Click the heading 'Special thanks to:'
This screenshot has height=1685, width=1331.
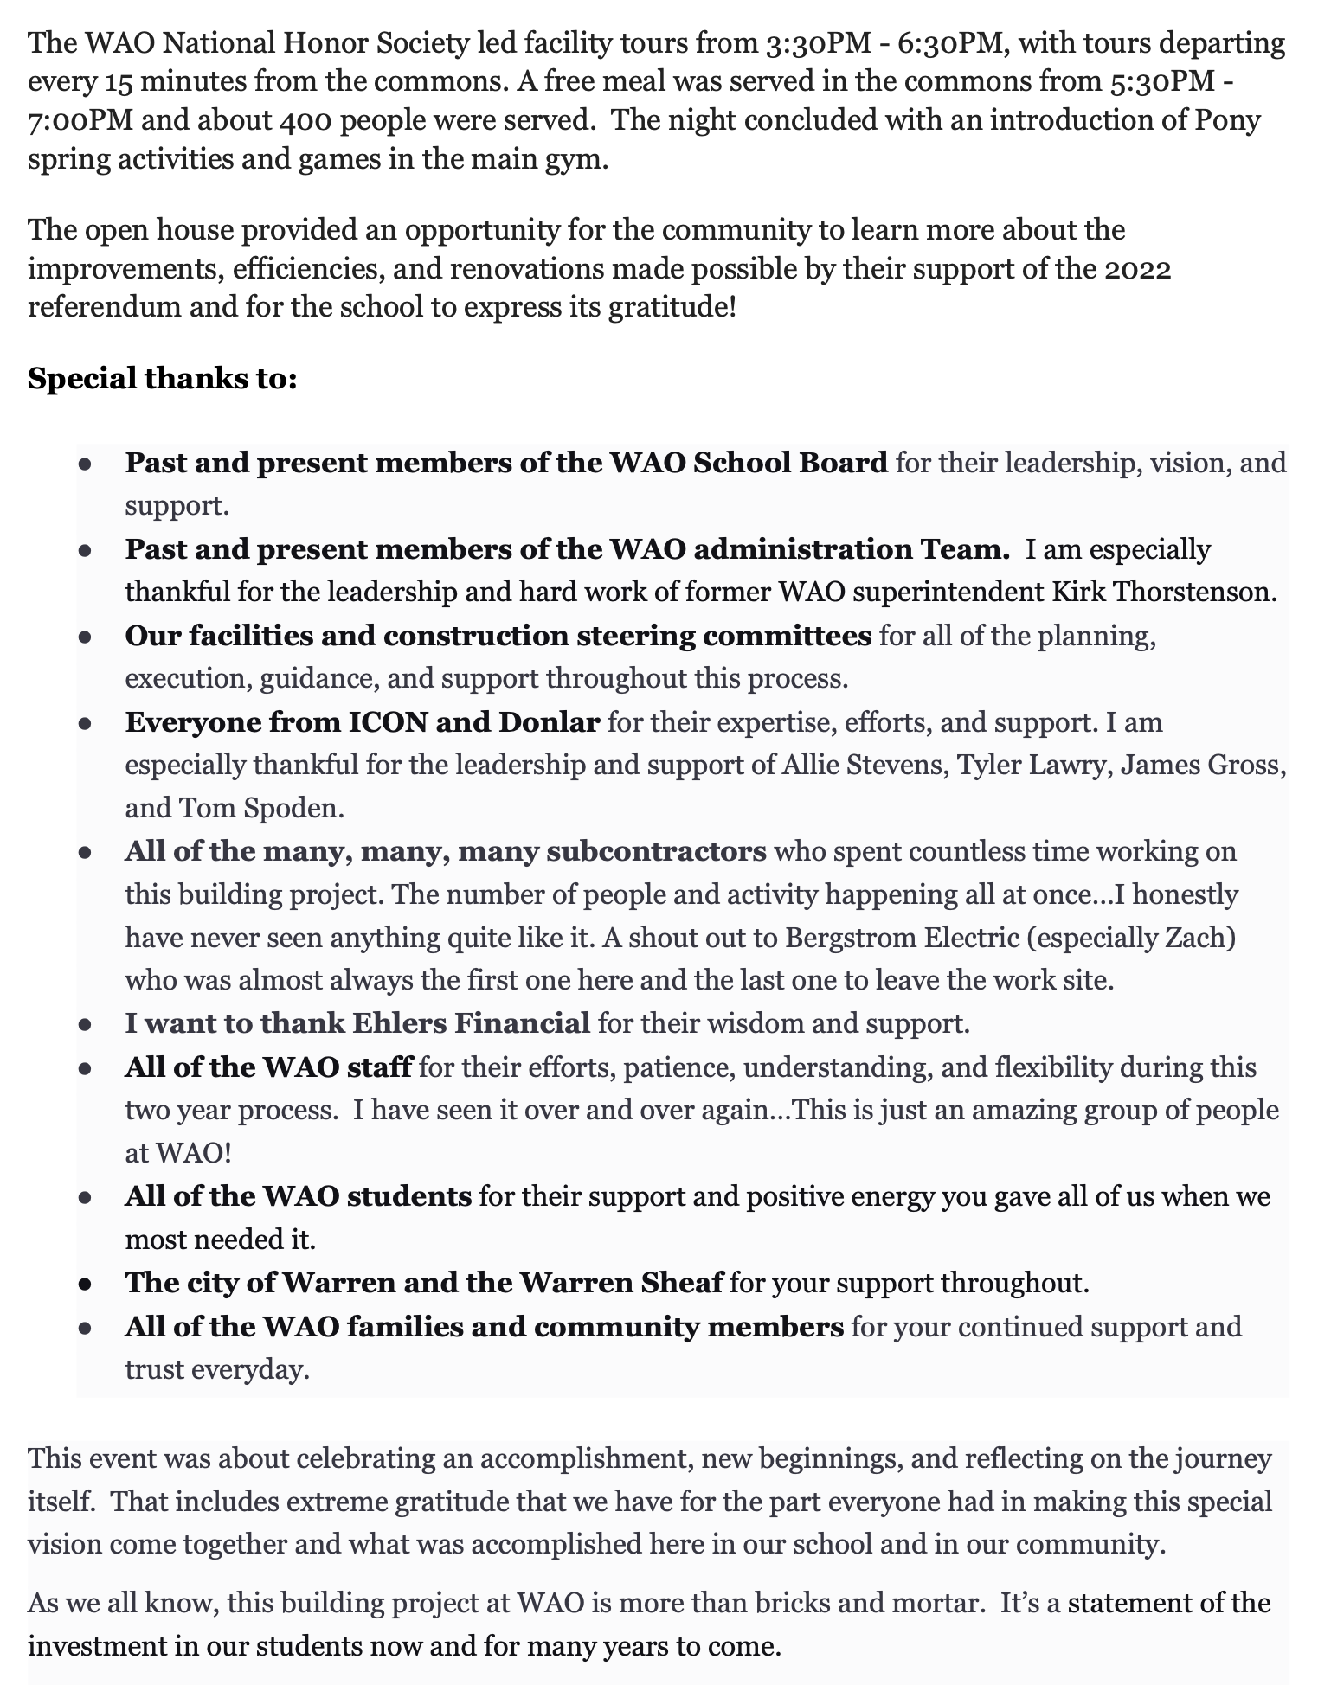(x=163, y=379)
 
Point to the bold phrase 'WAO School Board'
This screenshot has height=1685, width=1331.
(x=749, y=463)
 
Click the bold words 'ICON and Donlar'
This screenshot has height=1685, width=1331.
(x=473, y=722)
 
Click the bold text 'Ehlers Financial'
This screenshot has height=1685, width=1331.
(x=472, y=1024)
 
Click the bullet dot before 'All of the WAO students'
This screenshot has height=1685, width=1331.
(x=85, y=1198)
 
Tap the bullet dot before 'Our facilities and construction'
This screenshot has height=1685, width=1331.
(x=85, y=637)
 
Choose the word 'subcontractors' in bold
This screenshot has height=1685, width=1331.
(x=656, y=852)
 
